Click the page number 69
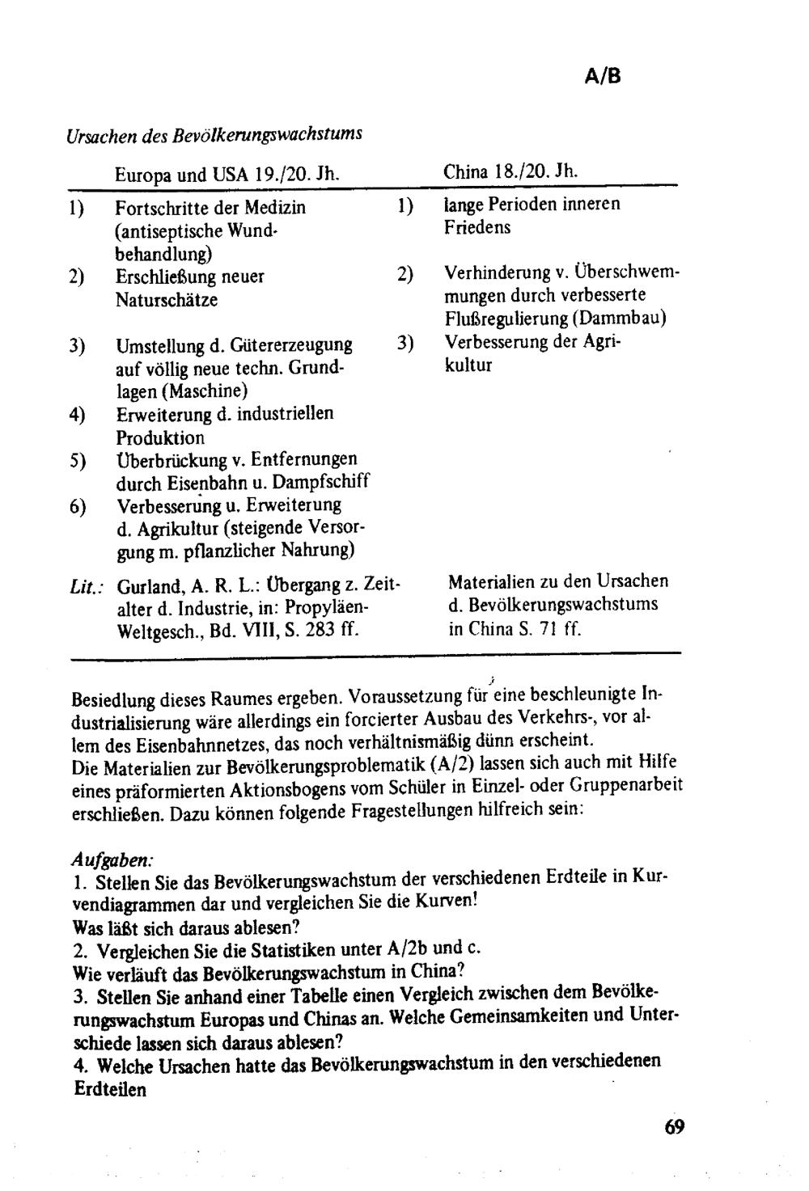coord(674,1126)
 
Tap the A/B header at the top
coord(603,76)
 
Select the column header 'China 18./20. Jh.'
coord(510,171)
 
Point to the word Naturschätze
coord(167,300)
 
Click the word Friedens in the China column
coord(477,227)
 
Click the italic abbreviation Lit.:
coord(85,584)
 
